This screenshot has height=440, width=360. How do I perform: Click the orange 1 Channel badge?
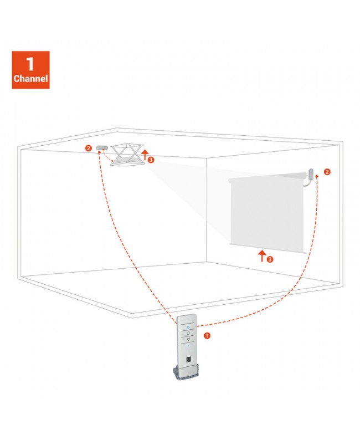(x=30, y=70)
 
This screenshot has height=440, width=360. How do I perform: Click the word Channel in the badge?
(x=30, y=78)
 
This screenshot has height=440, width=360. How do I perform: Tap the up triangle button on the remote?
(x=188, y=327)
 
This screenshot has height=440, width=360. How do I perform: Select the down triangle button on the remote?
(x=188, y=339)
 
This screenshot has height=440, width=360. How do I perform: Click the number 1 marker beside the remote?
(x=207, y=336)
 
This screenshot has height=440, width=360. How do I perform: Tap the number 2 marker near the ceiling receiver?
(x=89, y=148)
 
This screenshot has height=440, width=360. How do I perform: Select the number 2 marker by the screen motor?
(x=327, y=172)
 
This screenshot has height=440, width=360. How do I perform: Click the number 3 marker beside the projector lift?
(x=151, y=160)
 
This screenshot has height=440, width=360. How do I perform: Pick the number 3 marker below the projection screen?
(x=270, y=259)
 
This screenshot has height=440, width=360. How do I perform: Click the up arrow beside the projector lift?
(x=145, y=155)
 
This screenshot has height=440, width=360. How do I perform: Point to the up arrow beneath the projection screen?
(x=262, y=256)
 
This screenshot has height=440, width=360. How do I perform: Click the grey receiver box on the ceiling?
(x=102, y=147)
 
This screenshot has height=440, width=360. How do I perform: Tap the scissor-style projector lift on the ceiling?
(x=127, y=155)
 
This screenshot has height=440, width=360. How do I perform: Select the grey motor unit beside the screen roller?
(x=311, y=174)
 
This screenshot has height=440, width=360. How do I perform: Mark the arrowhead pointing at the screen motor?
(x=317, y=176)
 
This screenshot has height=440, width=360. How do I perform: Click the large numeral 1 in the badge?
(x=30, y=64)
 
